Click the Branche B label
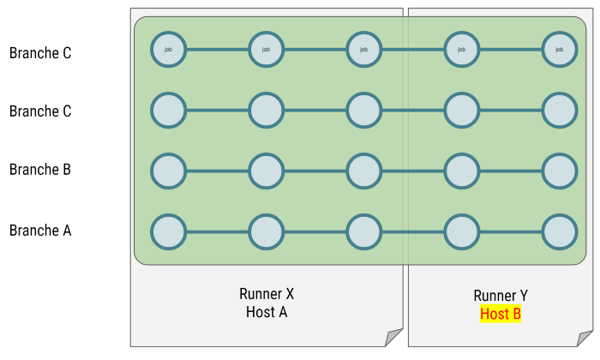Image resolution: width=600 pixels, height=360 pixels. click(39, 170)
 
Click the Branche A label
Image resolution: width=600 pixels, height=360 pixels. click(39, 231)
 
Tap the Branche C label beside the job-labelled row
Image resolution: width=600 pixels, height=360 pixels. click(39, 53)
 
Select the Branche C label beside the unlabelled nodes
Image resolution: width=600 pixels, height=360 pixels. click(39, 111)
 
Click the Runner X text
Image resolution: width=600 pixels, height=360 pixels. click(267, 294)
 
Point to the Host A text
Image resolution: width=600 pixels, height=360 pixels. click(267, 312)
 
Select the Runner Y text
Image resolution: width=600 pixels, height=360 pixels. click(501, 296)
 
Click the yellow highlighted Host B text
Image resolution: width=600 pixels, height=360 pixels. click(501, 314)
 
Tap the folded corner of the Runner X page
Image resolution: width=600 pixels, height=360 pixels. click(393, 337)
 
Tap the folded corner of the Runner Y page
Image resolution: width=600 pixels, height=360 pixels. click(586, 337)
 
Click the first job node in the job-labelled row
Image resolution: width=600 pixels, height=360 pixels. click(169, 50)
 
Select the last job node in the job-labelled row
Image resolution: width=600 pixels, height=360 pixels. click(560, 50)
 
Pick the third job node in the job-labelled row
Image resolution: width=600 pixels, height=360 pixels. click(364, 50)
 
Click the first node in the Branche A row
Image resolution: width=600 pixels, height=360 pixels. click(169, 231)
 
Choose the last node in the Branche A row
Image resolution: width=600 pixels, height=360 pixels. click(560, 231)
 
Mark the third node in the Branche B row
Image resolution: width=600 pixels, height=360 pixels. click(364, 171)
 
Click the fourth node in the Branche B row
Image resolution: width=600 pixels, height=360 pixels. click(462, 171)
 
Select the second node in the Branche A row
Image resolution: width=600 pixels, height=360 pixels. click(267, 231)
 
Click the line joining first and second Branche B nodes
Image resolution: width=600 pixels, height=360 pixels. click(218, 171)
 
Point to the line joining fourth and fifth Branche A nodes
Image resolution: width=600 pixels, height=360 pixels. click(511, 231)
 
